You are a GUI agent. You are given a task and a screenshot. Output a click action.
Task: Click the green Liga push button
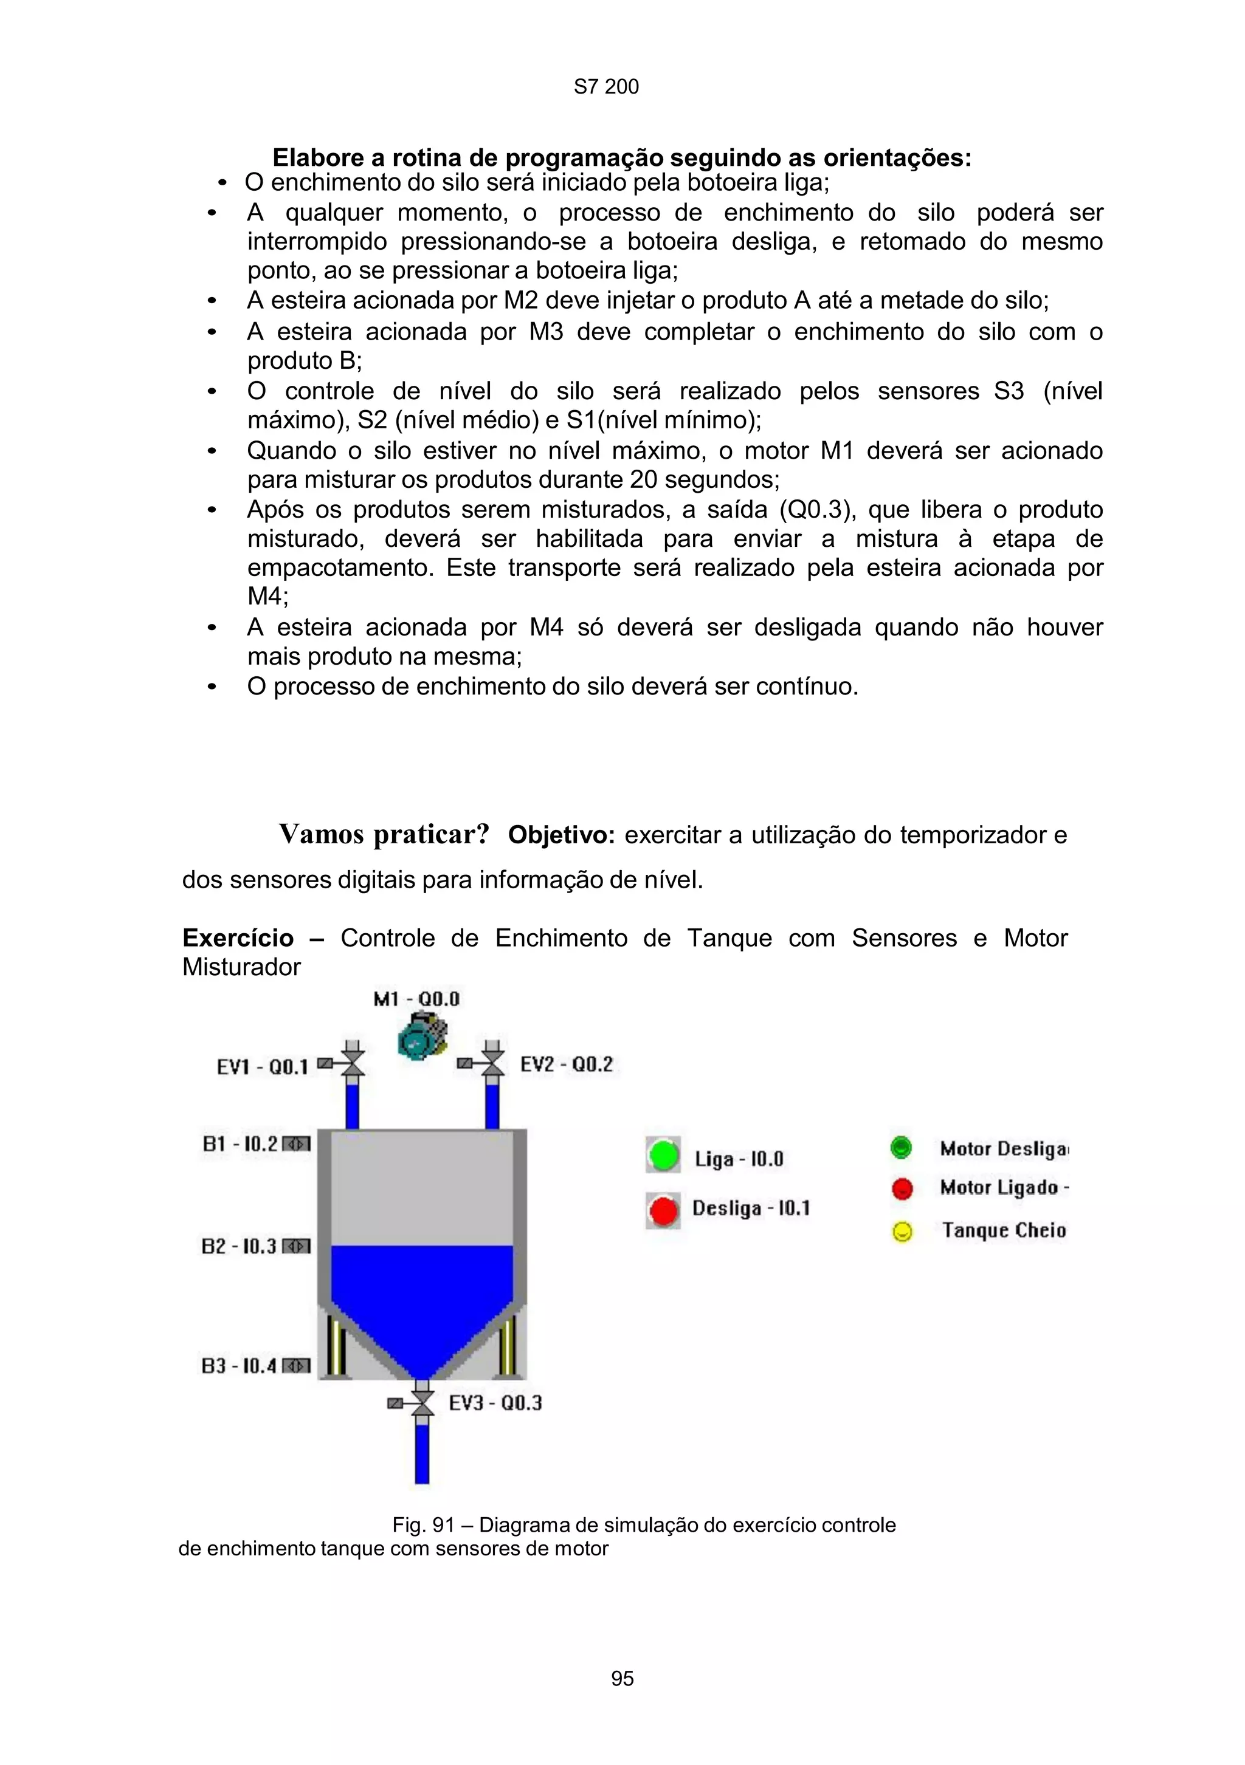[x=662, y=1156]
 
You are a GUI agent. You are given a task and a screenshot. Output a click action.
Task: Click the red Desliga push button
[x=662, y=1212]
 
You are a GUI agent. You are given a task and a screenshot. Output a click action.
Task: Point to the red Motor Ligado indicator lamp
[x=902, y=1189]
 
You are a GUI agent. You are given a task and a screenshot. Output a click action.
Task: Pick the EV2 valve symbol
[x=492, y=1063]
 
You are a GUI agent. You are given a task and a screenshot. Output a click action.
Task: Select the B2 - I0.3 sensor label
[x=239, y=1246]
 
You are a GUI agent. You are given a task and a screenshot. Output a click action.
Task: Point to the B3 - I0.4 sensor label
[x=239, y=1366]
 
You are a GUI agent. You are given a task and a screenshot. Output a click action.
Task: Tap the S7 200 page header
[x=606, y=87]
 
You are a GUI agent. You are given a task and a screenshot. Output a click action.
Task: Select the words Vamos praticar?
[x=384, y=834]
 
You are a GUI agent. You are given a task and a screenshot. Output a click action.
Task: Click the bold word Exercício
[x=238, y=938]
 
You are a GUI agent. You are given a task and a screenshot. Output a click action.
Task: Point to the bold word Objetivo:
[x=561, y=835]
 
